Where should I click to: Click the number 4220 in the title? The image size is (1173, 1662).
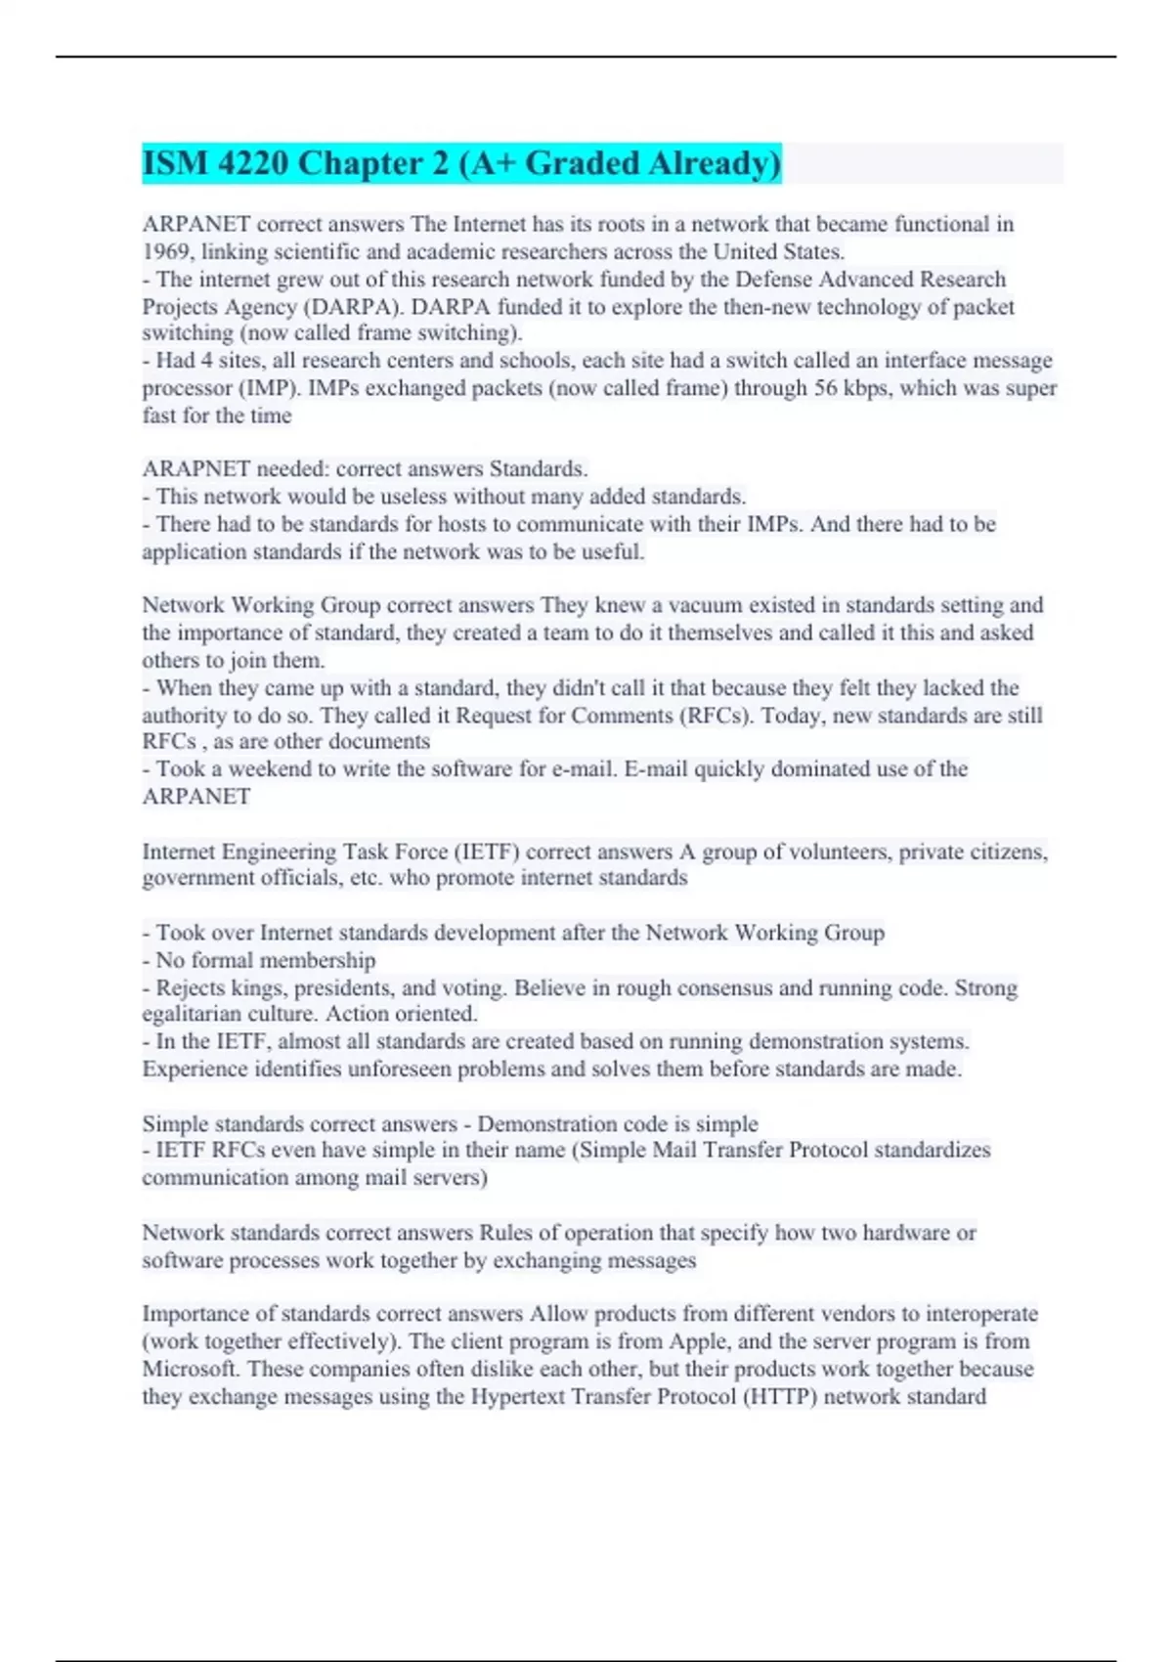[x=253, y=163]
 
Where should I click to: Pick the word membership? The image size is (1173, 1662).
[x=318, y=960]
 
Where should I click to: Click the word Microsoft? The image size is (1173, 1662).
[x=191, y=1369]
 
